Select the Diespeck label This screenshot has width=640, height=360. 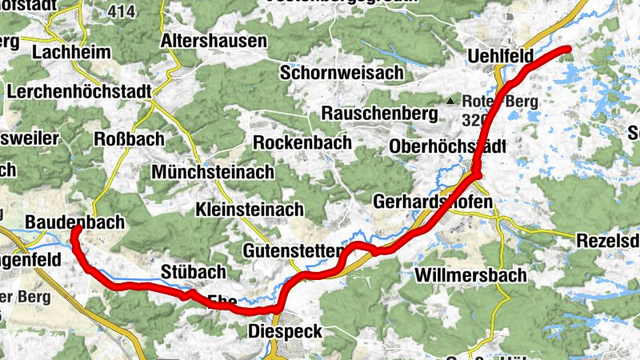pos(286,331)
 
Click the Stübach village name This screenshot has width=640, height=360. pos(193,272)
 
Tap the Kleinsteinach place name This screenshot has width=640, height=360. pos(250,210)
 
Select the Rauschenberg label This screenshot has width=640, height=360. pos(379,114)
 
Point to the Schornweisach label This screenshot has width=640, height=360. pos(342,72)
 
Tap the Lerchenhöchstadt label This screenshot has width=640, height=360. pos(79,91)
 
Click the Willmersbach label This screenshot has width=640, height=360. pos(471,275)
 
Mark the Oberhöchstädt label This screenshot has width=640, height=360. pos(447,146)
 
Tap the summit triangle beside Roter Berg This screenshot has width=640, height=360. pos(451,102)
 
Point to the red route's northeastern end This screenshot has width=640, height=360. pos(568,50)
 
